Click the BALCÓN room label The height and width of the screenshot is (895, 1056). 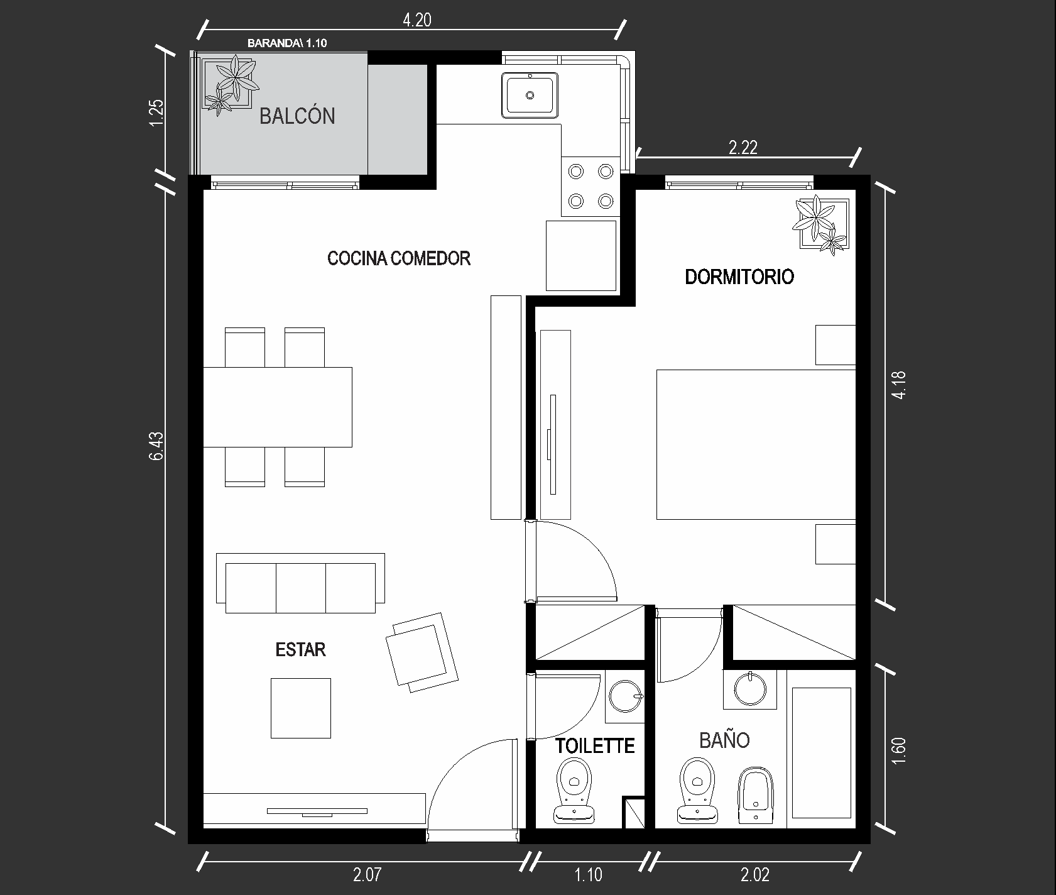(x=297, y=116)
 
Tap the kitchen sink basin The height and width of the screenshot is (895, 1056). (x=530, y=95)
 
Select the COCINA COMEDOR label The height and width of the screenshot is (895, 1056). (x=399, y=258)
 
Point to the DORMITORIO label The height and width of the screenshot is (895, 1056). (x=739, y=277)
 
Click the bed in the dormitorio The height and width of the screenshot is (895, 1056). (x=756, y=444)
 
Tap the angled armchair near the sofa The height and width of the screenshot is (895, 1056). (x=422, y=652)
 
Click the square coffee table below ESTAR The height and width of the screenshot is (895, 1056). (x=301, y=708)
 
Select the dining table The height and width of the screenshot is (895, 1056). (x=277, y=407)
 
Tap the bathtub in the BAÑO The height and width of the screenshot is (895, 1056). (x=822, y=753)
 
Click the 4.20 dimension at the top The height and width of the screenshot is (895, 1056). (x=417, y=20)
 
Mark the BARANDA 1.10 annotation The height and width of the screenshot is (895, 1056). (x=287, y=43)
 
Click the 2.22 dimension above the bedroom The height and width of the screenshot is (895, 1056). (x=743, y=148)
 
